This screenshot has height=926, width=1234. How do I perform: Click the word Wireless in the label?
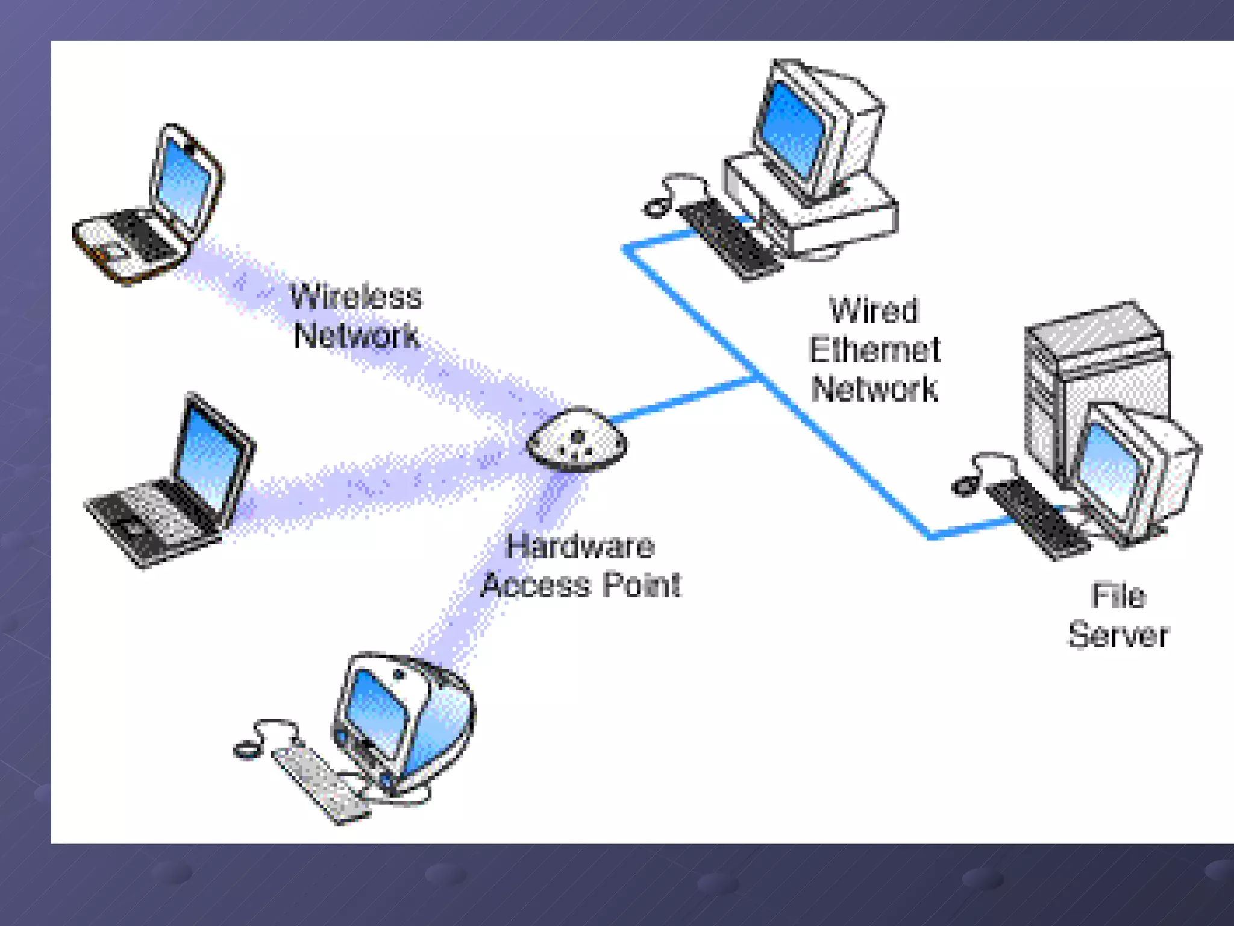point(355,297)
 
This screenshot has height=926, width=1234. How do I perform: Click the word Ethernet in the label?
point(874,350)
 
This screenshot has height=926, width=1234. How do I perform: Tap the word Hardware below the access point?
point(580,546)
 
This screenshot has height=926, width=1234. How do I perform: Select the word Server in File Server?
point(1118,635)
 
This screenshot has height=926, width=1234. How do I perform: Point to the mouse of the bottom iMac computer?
point(246,751)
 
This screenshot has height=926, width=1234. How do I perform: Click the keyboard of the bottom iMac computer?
point(319,784)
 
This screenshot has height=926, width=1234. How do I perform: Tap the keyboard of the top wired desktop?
point(729,238)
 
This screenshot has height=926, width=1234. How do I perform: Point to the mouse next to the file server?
point(965,485)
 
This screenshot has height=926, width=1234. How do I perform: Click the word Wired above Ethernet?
point(874,310)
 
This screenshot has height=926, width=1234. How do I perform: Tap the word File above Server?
point(1118,596)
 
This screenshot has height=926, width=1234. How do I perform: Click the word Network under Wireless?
point(355,335)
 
